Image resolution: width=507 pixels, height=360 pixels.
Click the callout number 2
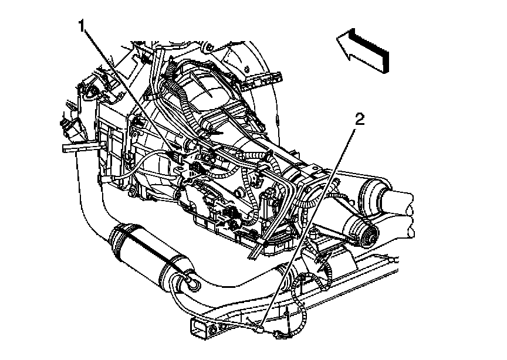pos(360,120)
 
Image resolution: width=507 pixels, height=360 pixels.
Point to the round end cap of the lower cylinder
pos(370,235)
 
